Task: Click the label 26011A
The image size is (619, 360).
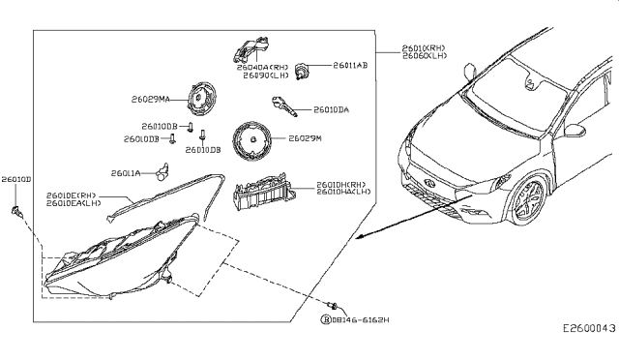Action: click(x=126, y=174)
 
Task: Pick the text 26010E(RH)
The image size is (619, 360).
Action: click(x=74, y=195)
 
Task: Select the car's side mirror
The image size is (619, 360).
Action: click(x=575, y=130)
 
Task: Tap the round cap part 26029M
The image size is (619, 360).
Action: click(x=253, y=141)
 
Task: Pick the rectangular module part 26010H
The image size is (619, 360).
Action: click(x=265, y=195)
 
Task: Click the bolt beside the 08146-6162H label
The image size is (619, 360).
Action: click(x=333, y=305)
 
